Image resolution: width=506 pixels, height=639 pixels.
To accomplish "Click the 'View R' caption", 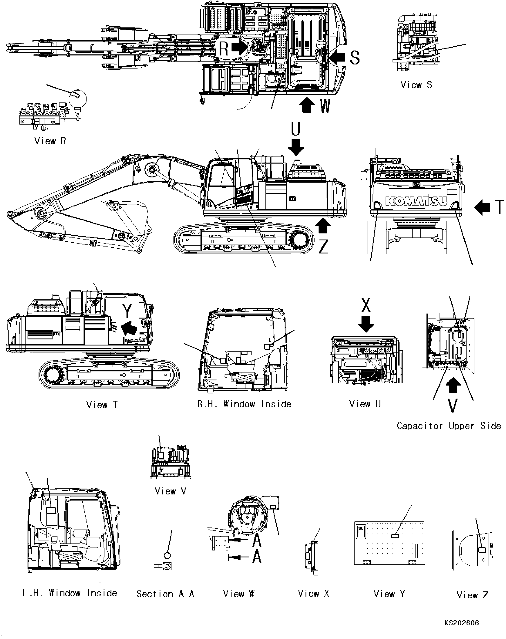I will pos(50,141).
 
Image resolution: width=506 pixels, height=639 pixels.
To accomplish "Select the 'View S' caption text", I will pos(416,85).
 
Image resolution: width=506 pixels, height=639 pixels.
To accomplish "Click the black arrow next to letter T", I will pos(482,207).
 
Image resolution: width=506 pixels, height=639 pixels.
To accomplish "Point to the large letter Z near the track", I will pos(324,246).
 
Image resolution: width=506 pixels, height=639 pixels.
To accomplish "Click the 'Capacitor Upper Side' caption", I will pos(449,426).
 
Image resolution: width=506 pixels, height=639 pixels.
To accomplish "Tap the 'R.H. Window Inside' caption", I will pos(244,404).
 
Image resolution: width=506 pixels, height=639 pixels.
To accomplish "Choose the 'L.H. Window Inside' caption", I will pos(70,593).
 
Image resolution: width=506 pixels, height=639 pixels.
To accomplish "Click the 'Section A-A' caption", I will pos(165,594).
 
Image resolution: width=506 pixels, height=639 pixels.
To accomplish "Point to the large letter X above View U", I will pos(366,305).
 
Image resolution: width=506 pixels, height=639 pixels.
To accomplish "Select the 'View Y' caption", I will pos(389,594).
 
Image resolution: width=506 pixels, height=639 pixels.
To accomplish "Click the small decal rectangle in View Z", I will pos(482,550).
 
